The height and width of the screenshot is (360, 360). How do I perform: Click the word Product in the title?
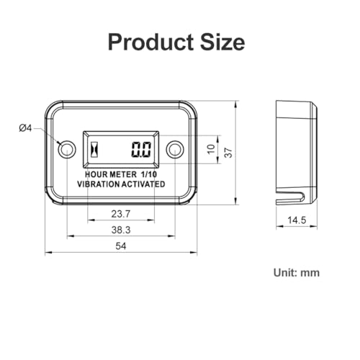click(150, 42)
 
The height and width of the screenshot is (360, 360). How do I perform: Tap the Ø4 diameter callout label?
click(25, 128)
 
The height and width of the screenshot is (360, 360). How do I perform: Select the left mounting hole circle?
click(67, 149)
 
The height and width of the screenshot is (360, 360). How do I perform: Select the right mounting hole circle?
click(175, 149)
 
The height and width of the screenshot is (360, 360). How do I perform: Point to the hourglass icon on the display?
click(95, 149)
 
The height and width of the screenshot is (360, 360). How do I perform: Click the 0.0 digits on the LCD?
click(141, 149)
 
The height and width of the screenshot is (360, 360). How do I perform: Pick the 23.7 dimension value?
click(121, 214)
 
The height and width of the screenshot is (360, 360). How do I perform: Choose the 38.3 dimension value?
click(121, 230)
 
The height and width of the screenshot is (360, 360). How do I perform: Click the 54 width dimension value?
click(121, 246)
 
